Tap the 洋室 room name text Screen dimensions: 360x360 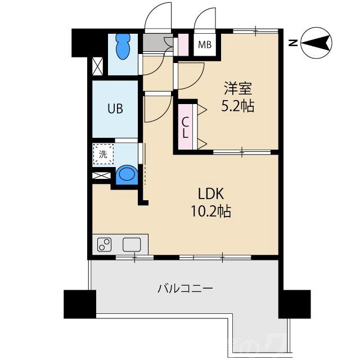(x=238, y=89)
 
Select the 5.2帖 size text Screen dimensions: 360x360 (x=238, y=106)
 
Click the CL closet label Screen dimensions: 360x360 (x=185, y=127)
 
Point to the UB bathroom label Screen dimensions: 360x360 (x=115, y=109)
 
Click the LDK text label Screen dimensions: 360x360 (x=211, y=195)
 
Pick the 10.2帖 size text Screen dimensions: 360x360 (x=211, y=211)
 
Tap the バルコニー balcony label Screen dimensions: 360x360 (x=184, y=289)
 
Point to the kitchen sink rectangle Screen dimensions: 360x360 (x=132, y=245)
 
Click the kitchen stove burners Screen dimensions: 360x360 (x=105, y=245)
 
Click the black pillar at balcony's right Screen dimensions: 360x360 (x=294, y=304)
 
